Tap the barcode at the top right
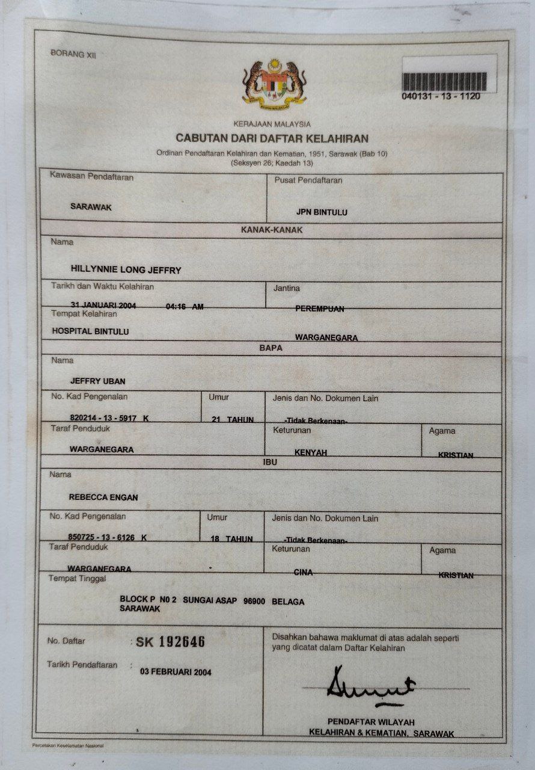click(445, 81)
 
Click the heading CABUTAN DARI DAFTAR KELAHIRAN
click(272, 138)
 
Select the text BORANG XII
click(74, 55)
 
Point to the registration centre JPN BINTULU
click(322, 212)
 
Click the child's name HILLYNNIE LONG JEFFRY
click(126, 270)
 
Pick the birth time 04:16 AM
click(185, 307)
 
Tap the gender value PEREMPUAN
click(320, 309)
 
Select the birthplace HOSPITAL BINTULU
click(90, 331)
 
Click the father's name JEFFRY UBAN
click(98, 381)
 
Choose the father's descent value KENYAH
click(311, 452)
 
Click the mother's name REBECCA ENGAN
click(103, 497)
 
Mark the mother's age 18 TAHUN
click(231, 538)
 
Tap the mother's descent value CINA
click(303, 572)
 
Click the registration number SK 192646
click(171, 642)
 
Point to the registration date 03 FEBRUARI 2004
click(176, 671)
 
